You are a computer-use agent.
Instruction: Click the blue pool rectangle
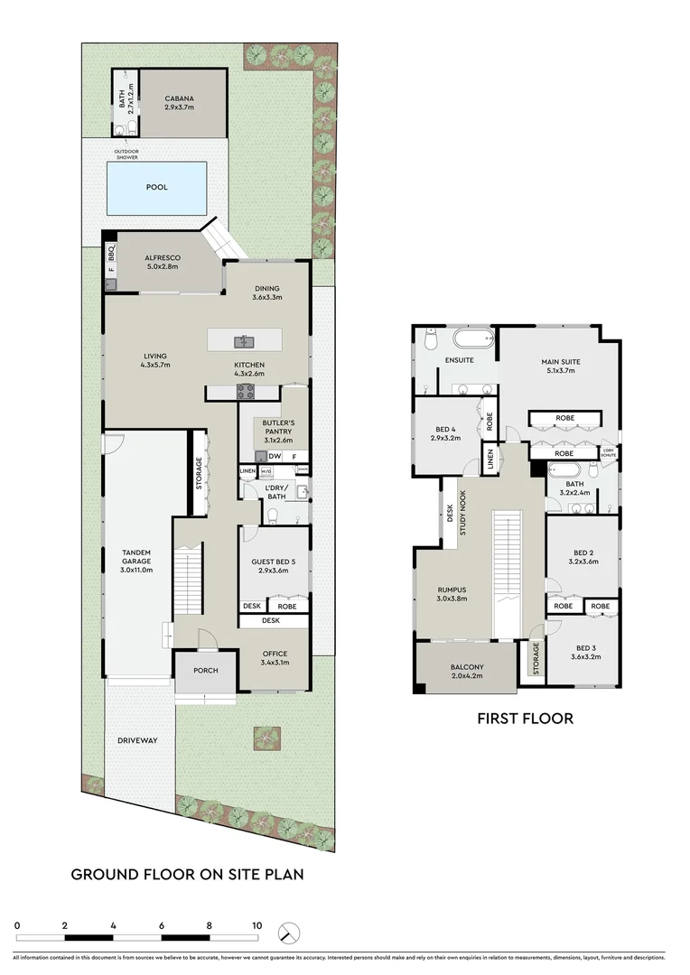pyautogui.click(x=156, y=188)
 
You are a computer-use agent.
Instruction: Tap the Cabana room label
pyautogui.click(x=183, y=103)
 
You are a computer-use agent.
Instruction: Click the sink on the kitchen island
pyautogui.click(x=244, y=341)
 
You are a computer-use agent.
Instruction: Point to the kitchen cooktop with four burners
pyautogui.click(x=245, y=391)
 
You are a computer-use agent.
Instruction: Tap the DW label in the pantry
pyautogui.click(x=273, y=457)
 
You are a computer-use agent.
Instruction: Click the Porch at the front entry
pyautogui.click(x=204, y=671)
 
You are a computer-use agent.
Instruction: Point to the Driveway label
pyautogui.click(x=137, y=741)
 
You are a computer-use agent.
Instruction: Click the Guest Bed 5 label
pyautogui.click(x=274, y=566)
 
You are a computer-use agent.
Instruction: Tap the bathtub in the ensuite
pyautogui.click(x=473, y=340)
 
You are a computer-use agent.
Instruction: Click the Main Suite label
pyautogui.click(x=563, y=366)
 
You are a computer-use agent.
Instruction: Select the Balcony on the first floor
pyautogui.click(x=467, y=671)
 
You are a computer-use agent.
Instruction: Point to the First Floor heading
pyautogui.click(x=525, y=720)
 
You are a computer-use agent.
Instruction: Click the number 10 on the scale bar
pyautogui.click(x=257, y=925)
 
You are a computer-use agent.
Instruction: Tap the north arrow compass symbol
pyautogui.click(x=288, y=932)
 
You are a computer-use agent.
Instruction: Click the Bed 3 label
pyautogui.click(x=586, y=652)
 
